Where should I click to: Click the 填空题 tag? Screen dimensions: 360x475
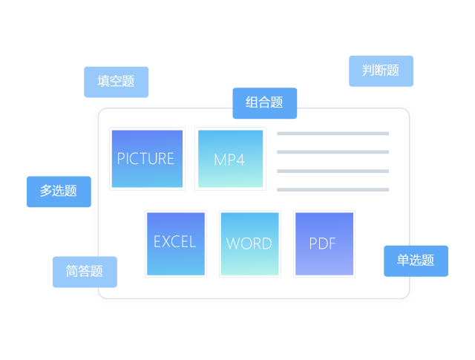116,82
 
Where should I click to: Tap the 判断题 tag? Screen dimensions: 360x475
381,71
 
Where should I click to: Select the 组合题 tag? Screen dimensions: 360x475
264,103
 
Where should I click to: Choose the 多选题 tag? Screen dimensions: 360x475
59,192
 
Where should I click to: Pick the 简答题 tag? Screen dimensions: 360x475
85,272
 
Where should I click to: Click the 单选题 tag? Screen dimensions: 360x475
416,261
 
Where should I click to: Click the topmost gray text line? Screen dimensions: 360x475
332,134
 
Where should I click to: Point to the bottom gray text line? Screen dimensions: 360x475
332,189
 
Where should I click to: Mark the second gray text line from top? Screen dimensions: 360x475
332,152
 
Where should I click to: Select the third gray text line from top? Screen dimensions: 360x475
332,171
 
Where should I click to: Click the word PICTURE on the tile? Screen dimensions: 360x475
145,159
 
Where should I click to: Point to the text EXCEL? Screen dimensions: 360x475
174,242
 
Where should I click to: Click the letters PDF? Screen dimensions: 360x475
323,243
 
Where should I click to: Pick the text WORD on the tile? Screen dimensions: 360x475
249,243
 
